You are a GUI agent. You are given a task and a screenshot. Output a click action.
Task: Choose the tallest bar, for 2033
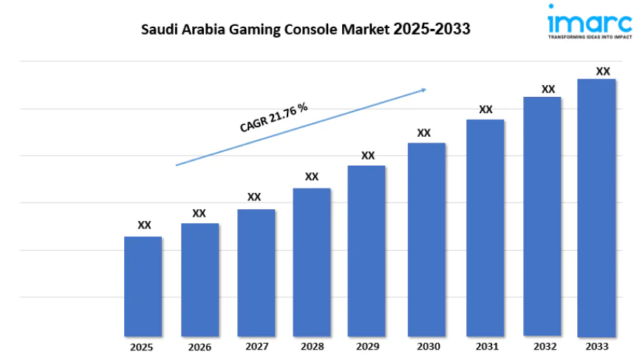coord(596,207)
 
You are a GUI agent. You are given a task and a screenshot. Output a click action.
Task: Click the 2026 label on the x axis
coord(200,347)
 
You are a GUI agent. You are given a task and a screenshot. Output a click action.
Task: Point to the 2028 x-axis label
coord(311,346)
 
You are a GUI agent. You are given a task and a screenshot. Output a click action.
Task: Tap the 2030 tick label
coord(428,346)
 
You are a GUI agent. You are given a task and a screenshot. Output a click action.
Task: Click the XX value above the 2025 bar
coord(144,225)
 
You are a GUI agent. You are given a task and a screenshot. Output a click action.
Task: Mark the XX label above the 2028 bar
coord(312,177)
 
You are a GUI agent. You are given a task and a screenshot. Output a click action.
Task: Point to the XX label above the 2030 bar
coord(423,133)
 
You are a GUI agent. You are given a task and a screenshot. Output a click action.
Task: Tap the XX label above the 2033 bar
coord(603,71)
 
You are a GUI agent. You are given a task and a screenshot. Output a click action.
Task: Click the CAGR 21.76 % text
coord(273,118)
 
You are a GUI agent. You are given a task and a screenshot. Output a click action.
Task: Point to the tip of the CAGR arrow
coord(426,89)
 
